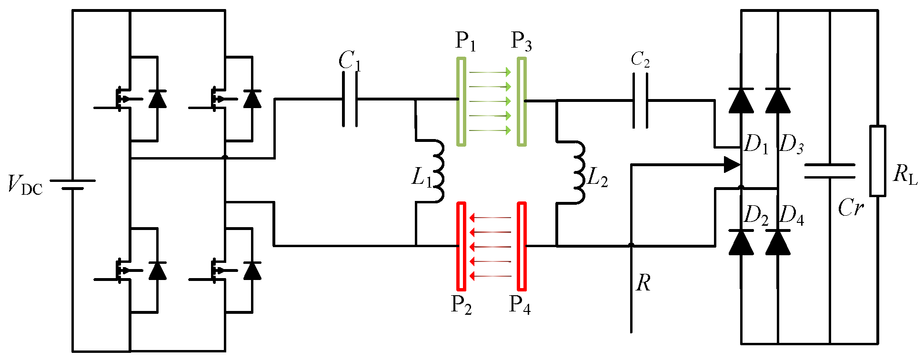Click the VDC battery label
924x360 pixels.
tap(25, 185)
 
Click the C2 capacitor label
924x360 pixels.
tap(640, 60)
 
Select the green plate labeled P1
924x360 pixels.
tap(461, 101)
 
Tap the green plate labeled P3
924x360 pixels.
tap(522, 101)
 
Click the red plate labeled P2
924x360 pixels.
tap(461, 246)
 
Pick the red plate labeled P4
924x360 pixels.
tap(522, 246)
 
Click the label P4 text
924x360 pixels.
tap(520, 305)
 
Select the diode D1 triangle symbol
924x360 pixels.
tap(741, 100)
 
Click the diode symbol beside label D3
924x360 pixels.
tap(778, 100)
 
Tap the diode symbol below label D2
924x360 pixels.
tap(741, 242)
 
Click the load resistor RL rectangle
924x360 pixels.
tap(878, 161)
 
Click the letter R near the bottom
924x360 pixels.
tap(643, 283)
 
